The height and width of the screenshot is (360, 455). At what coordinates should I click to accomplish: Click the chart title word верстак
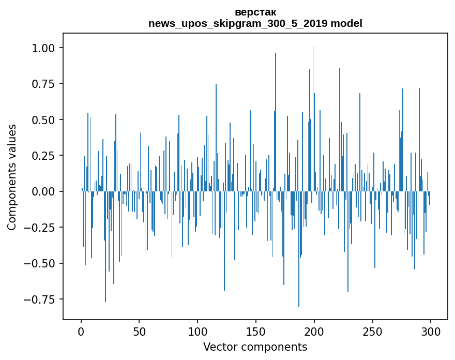tap(255, 12)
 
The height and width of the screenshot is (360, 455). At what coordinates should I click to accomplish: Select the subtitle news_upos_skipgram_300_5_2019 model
tap(255, 23)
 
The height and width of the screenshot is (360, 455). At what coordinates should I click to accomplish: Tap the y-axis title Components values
tap(12, 177)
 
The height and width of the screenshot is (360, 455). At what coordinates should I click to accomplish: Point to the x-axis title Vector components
tap(255, 347)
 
